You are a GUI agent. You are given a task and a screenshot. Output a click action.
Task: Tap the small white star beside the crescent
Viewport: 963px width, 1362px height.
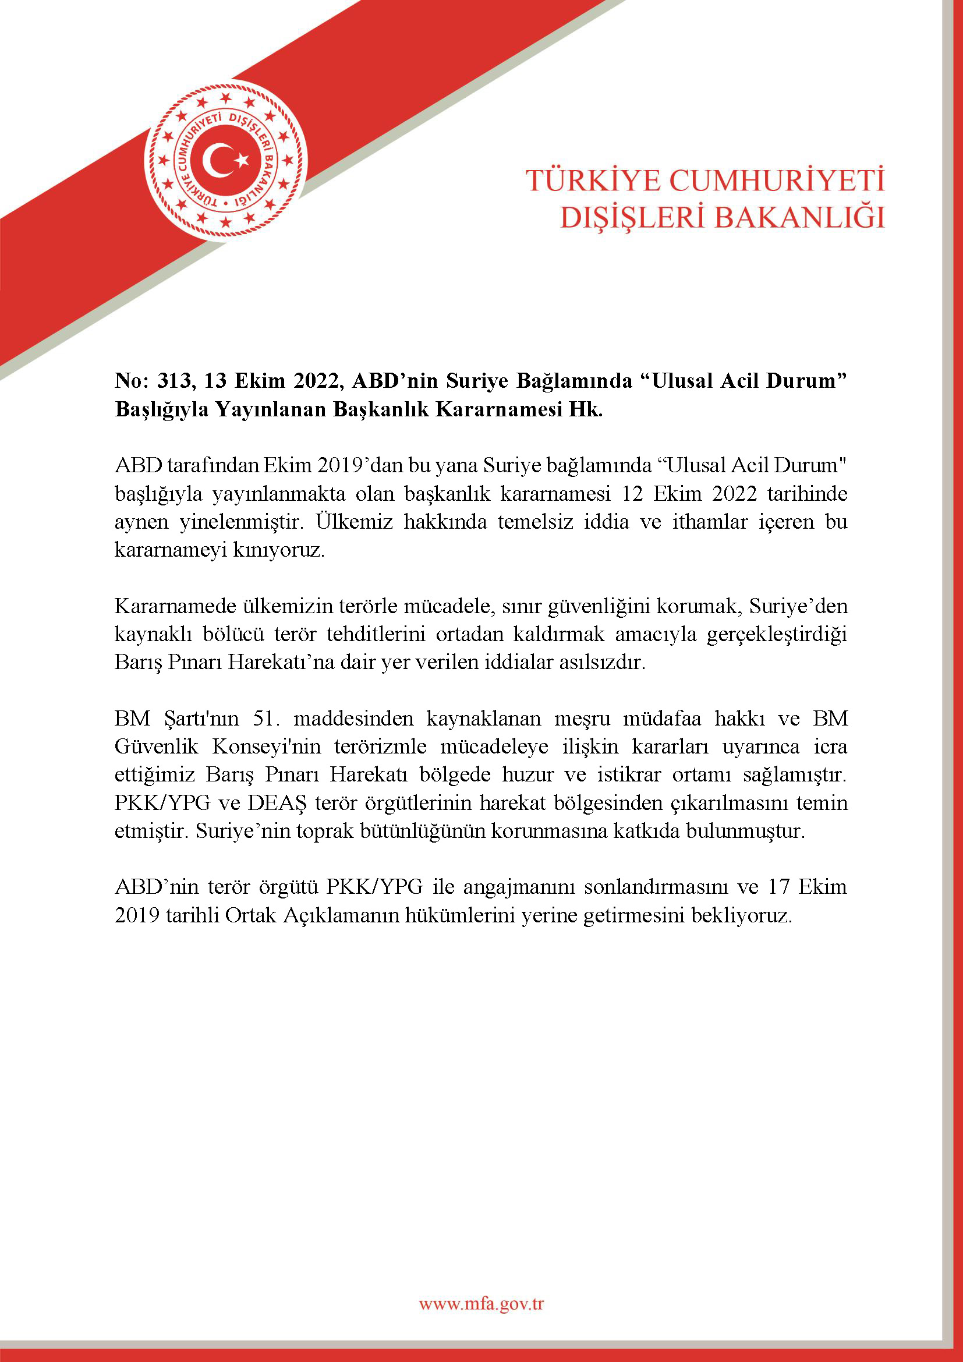pos(242,159)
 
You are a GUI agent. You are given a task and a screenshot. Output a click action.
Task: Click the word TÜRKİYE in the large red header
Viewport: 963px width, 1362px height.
pos(592,181)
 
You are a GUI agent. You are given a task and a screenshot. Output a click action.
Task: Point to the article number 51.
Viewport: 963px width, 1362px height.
pos(266,719)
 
